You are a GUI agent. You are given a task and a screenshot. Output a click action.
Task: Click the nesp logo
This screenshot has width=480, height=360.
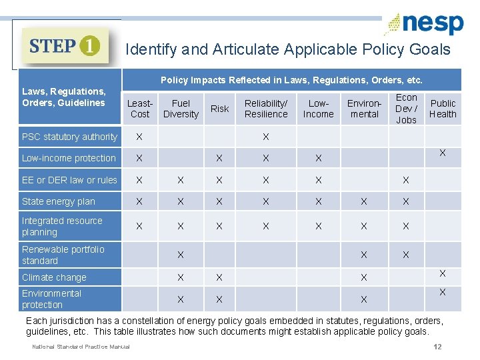coord(424,24)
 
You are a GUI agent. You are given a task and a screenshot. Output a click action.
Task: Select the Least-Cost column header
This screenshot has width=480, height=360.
coord(140,109)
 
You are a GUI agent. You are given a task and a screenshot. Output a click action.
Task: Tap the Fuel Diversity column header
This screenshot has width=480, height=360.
coord(181,109)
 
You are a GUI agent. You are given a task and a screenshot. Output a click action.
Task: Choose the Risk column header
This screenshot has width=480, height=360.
coord(219,109)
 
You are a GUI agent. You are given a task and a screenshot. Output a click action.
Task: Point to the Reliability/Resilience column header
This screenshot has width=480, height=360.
coord(266,109)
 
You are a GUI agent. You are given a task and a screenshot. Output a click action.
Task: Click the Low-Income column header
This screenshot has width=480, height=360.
coord(318,109)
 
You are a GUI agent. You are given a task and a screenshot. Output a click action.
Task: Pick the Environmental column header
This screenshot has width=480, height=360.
coord(364,109)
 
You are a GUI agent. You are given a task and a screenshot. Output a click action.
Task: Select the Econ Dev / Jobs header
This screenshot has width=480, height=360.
coord(406,109)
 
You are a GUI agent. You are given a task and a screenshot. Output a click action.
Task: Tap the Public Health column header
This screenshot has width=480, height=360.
coord(443,109)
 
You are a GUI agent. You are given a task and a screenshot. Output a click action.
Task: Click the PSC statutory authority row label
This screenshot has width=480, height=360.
coord(69,137)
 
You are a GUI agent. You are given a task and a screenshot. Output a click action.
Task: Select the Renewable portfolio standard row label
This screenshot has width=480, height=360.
coord(63,255)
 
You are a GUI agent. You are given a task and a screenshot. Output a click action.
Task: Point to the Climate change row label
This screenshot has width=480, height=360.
coord(54,277)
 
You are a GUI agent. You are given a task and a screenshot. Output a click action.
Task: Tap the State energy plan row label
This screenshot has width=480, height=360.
coord(59,201)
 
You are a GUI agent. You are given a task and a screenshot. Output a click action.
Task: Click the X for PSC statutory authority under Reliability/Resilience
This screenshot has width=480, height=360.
coord(265,137)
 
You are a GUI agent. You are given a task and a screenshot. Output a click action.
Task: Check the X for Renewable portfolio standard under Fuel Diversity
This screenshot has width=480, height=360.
coord(181,255)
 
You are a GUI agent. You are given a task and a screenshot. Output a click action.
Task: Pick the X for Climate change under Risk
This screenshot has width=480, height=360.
coord(219,277)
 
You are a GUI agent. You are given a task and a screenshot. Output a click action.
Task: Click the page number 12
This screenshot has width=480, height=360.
coord(437,346)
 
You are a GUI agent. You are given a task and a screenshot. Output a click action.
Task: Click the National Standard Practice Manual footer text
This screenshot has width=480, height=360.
coord(81,346)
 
